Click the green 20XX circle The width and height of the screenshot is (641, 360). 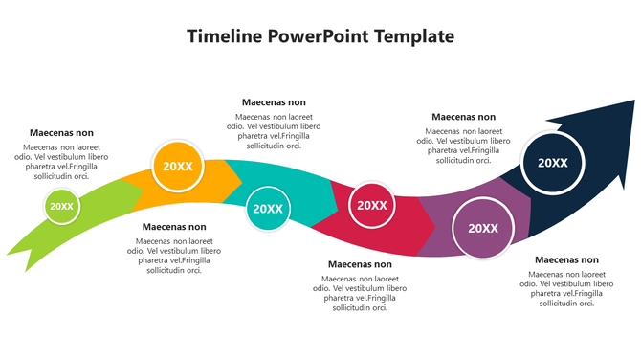tap(61, 206)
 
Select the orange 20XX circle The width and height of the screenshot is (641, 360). tap(178, 166)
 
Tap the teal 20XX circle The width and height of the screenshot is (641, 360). tap(267, 209)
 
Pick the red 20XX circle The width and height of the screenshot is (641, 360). tap(371, 205)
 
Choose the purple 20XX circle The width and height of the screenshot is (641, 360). tap(482, 228)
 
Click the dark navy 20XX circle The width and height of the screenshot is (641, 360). tap(553, 163)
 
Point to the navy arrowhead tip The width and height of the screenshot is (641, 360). tap(632, 101)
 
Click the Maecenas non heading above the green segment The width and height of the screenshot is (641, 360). tap(61, 133)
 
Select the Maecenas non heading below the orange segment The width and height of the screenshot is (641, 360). tap(174, 227)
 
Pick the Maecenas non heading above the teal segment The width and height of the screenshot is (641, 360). tap(274, 101)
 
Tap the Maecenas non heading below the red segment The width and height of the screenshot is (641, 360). tap(360, 264)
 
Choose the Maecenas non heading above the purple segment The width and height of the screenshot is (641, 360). tap(463, 117)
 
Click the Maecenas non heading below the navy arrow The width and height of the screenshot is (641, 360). tap(566, 259)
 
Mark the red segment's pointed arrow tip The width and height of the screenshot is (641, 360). tap(435, 226)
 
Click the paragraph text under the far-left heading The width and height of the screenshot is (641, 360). tap(61, 162)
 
